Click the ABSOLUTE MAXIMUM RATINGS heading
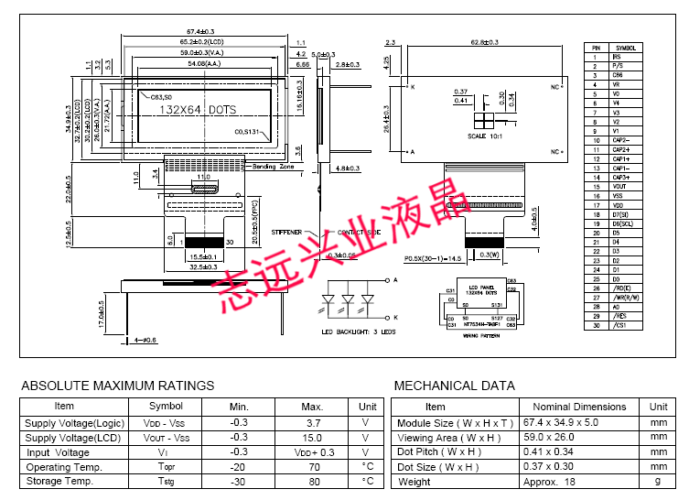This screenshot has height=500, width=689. click(117, 386)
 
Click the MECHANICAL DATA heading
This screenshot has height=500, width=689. click(454, 386)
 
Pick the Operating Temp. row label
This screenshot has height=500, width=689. click(63, 467)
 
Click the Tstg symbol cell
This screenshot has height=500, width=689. click(166, 482)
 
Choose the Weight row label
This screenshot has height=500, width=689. click(414, 482)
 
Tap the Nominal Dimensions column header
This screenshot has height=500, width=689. click(577, 407)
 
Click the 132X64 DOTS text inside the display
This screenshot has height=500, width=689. click(198, 110)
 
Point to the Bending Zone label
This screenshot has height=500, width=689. click(274, 168)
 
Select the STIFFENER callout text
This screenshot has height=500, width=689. click(287, 233)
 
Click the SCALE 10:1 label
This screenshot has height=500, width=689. click(485, 136)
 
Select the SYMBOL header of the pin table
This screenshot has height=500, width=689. click(627, 47)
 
